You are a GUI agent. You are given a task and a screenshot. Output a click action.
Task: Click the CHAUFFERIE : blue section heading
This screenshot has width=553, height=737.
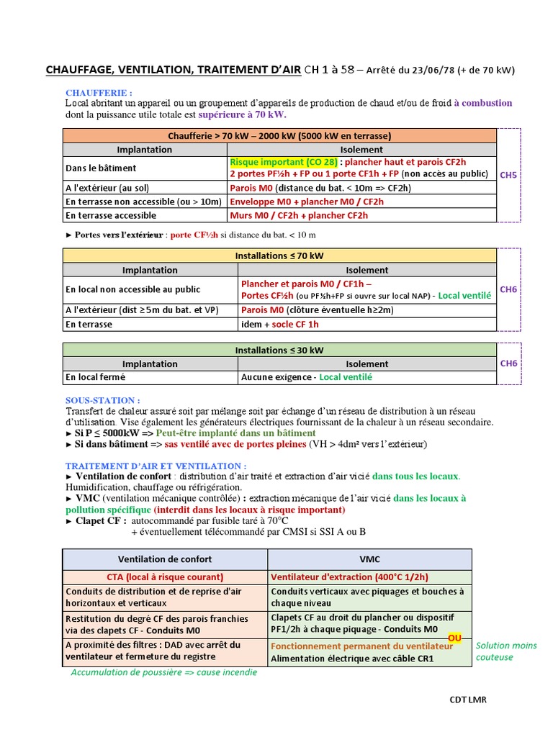pos(99,93)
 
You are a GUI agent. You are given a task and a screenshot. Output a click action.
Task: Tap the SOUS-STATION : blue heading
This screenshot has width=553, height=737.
pos(102,400)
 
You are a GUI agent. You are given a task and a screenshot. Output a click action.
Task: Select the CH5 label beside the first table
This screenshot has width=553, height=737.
pos(509,174)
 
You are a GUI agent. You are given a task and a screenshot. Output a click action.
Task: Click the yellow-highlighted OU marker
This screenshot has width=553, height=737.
pos(455,638)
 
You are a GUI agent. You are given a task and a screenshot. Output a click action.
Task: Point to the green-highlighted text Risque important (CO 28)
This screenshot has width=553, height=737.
pos(283,163)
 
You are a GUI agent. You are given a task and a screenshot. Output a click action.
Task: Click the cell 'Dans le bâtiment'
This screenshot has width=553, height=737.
pos(100,168)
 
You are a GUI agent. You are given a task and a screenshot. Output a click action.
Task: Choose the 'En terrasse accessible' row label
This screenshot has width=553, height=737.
pos(110,215)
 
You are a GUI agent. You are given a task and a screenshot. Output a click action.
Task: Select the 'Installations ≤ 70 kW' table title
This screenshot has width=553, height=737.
pos(279,256)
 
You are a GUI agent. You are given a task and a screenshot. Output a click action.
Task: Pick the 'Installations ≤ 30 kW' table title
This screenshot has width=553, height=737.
pos(279,350)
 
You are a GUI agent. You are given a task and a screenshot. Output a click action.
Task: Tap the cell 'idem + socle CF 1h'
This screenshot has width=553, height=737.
pos(280,324)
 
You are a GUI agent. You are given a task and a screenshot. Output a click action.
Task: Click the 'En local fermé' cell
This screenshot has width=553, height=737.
pos(95,377)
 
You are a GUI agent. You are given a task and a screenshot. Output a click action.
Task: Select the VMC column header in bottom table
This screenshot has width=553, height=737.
pos(369,559)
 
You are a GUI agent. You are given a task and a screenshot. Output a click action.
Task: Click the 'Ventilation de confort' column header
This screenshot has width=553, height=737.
pos(165,559)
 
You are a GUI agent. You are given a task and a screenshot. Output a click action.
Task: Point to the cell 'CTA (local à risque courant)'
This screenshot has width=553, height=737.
pos(165,577)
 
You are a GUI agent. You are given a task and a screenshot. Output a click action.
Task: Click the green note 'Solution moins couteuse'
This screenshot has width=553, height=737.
pos(505,651)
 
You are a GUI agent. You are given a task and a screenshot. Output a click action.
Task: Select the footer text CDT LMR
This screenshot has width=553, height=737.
pos(469,700)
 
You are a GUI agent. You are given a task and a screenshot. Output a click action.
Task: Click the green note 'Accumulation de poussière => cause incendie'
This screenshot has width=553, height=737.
pos(163,672)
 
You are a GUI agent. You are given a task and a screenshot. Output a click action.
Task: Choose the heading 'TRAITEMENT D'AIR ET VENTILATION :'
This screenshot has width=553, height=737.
pos(156,466)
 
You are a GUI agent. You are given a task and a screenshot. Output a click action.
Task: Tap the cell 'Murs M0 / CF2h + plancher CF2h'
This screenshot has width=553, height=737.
pos(299,215)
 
